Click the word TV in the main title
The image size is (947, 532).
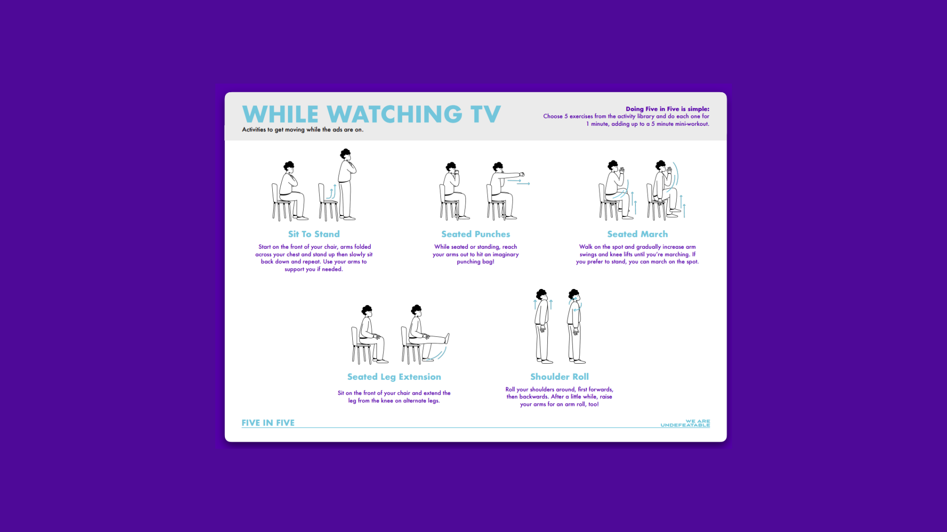485,114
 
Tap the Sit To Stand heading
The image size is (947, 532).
314,234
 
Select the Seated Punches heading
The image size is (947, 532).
475,234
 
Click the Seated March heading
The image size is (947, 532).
637,234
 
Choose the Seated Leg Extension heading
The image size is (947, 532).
394,377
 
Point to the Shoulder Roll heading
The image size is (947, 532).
559,377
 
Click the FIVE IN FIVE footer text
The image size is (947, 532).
268,423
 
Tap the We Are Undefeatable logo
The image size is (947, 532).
685,423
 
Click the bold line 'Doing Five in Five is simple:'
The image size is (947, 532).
668,109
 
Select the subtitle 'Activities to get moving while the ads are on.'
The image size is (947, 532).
303,130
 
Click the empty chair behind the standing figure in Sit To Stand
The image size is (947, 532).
327,202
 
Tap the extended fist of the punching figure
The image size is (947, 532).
522,174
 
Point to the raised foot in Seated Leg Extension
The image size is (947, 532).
447,338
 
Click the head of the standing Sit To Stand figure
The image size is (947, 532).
346,154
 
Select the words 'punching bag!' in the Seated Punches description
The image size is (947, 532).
475,262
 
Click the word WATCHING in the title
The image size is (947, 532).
394,114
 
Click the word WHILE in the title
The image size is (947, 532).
280,114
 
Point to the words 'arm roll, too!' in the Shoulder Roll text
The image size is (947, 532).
581,404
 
